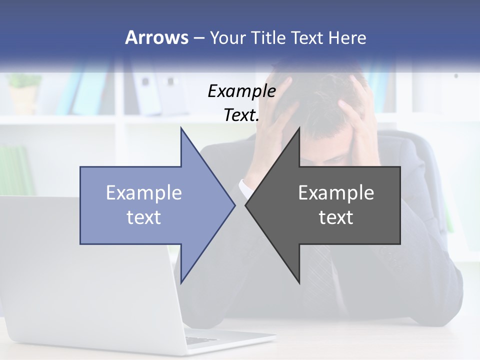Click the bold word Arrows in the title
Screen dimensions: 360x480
pyautogui.click(x=156, y=38)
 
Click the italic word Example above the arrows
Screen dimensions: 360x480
pyautogui.click(x=241, y=91)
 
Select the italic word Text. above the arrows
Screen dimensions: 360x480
pyautogui.click(x=241, y=115)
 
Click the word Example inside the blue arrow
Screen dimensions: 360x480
pyautogui.click(x=143, y=193)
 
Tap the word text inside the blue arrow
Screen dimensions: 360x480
pyautogui.click(x=143, y=217)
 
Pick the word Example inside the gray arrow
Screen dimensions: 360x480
pyautogui.click(x=336, y=193)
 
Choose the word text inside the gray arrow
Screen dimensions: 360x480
pyautogui.click(x=336, y=217)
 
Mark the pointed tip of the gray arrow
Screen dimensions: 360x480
pyautogui.click(x=246, y=205)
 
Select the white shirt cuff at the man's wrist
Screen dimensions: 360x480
pyautogui.click(x=246, y=188)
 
